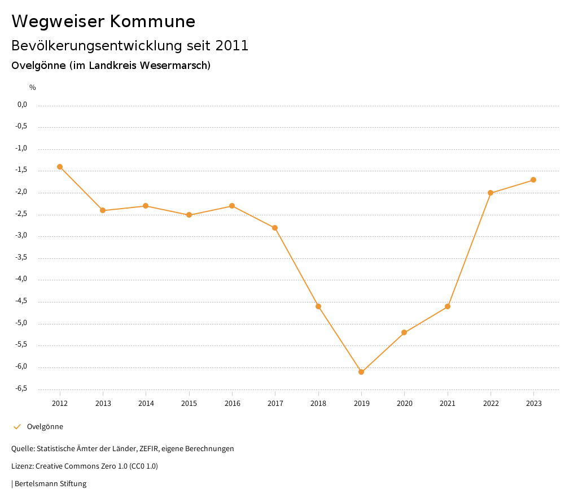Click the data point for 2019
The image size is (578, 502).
click(361, 372)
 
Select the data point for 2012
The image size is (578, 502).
click(60, 167)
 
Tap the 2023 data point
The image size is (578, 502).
click(533, 180)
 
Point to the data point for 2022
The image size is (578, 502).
click(491, 193)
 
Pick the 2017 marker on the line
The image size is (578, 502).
click(275, 228)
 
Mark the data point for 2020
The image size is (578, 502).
click(404, 332)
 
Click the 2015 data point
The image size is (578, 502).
click(189, 215)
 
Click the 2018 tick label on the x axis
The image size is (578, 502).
click(318, 403)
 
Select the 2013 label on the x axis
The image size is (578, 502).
click(103, 403)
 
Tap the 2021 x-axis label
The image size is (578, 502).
click(448, 403)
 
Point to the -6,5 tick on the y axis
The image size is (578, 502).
click(21, 388)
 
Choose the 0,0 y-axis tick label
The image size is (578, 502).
click(23, 105)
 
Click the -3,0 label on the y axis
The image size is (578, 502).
click(21, 236)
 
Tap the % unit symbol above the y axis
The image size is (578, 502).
click(33, 88)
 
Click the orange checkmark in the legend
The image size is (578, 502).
click(17, 427)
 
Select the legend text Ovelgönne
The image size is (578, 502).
click(45, 427)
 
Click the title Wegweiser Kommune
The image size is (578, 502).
click(103, 21)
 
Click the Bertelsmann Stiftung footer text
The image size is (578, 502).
click(50, 484)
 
